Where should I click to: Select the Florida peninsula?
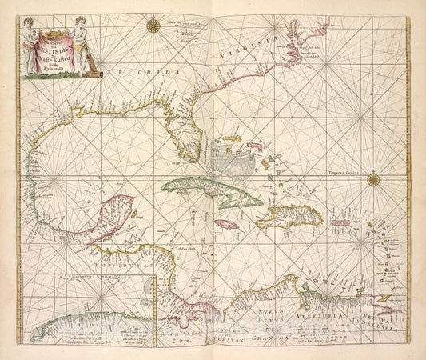pos(181,128)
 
